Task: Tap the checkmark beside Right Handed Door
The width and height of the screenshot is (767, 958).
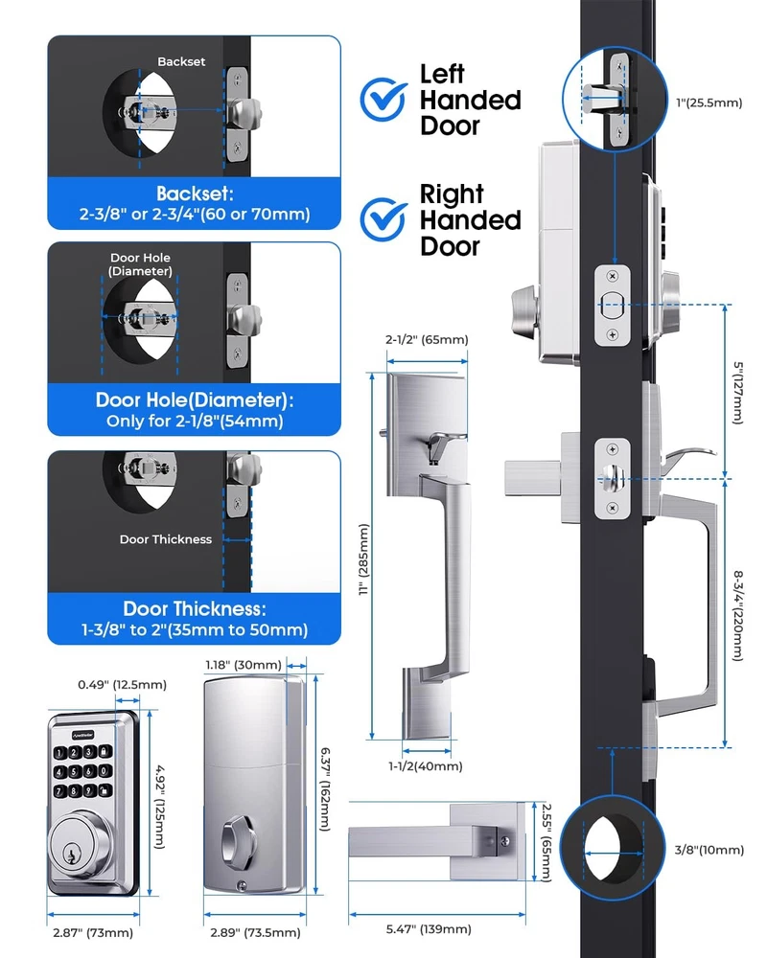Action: pos(383,219)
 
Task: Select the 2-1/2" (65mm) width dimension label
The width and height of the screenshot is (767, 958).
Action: pos(427,340)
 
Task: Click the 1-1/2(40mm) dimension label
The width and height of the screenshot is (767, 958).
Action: pos(427,765)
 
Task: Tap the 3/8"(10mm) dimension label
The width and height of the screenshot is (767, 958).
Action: pos(708,850)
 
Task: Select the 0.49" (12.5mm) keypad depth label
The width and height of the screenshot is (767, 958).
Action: pos(122,684)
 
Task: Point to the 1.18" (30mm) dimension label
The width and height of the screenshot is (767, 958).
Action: pos(244,664)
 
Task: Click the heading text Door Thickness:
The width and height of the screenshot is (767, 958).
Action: pos(194,608)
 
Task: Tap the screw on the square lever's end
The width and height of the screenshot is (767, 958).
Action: pos(503,840)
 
